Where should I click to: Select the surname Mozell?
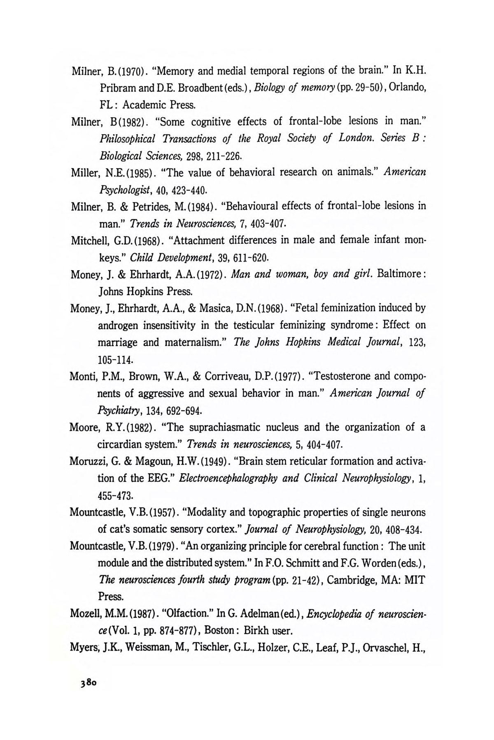tap(84, 614)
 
